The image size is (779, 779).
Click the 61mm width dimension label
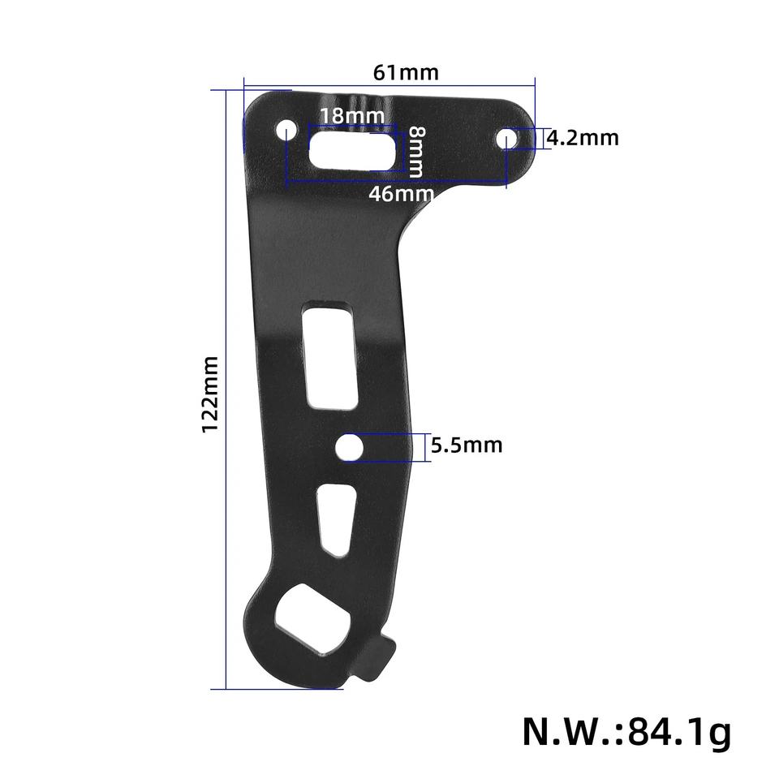click(406, 72)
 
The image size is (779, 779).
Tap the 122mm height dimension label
click(211, 394)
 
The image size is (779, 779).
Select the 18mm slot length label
click(351, 116)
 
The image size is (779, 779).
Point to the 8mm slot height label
click(416, 152)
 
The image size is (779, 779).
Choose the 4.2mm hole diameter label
click(583, 138)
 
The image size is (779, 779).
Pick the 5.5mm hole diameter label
click(467, 445)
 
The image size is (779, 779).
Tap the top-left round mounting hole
click(286, 131)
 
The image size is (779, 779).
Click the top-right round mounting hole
click(506, 139)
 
